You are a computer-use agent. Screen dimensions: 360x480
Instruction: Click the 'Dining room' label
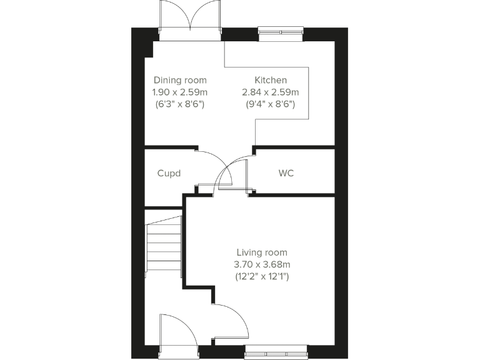[180, 80]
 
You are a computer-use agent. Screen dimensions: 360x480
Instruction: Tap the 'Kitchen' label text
[271, 80]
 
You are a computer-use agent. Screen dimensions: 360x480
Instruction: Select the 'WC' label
[286, 172]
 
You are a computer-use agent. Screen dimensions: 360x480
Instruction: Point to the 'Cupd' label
[169, 172]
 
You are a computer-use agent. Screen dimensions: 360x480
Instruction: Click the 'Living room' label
[262, 252]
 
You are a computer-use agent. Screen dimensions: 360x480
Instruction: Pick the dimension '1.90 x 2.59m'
[180, 92]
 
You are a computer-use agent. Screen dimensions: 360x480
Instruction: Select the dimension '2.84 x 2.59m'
[271, 92]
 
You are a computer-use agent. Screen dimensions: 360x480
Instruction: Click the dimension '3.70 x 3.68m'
[262, 264]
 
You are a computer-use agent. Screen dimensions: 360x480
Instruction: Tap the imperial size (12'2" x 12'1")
[262, 276]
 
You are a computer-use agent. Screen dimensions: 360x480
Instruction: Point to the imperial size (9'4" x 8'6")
[271, 104]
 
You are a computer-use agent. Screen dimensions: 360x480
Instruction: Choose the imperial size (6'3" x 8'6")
[180, 104]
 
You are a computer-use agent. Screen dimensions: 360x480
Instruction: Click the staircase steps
[164, 247]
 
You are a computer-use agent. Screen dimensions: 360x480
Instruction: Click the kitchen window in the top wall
[281, 31]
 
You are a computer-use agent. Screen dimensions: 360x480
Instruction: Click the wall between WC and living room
[294, 194]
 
